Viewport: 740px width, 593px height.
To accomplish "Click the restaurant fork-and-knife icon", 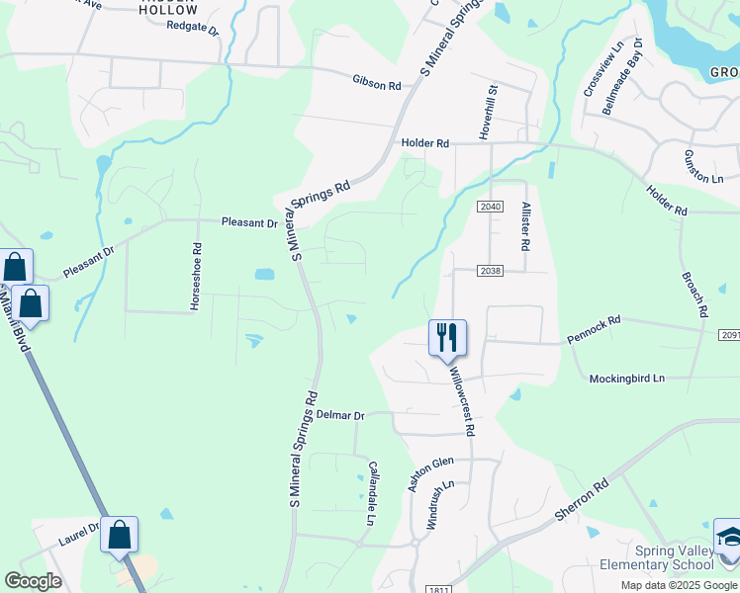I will [446, 337].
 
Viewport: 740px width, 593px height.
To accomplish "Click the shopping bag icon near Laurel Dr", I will [120, 536].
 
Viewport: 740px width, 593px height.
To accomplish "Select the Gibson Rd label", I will [376, 83].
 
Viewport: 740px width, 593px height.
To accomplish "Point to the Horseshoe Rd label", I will [197, 277].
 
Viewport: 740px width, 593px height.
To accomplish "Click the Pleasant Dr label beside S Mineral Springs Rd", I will [249, 223].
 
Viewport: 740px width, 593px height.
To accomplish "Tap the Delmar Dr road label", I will [340, 416].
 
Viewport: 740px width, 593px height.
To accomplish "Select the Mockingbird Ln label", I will [627, 378].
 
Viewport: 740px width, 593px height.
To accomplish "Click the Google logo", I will [33, 581].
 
